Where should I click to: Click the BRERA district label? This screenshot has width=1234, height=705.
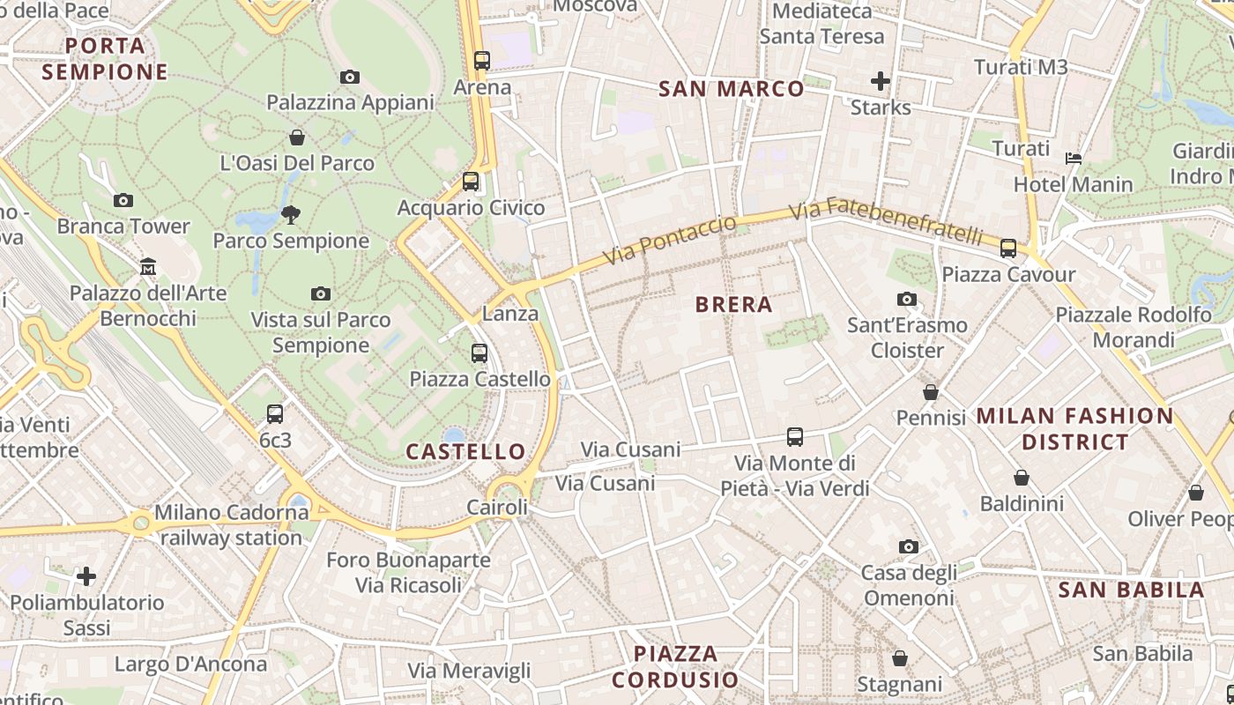[x=733, y=305]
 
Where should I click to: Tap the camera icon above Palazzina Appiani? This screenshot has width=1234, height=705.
[x=350, y=78]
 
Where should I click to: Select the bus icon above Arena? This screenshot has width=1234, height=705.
[x=481, y=61]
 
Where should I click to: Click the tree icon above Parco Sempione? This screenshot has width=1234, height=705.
[x=290, y=214]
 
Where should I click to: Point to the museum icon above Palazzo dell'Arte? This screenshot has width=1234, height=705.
[x=148, y=266]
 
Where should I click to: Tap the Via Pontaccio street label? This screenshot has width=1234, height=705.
[x=670, y=240]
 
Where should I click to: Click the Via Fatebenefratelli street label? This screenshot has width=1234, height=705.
[x=885, y=223]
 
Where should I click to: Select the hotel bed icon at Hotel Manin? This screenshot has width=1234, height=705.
[x=1074, y=159]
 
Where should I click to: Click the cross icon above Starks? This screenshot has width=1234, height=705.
[x=880, y=82]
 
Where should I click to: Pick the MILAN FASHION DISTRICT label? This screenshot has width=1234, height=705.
[x=1074, y=428]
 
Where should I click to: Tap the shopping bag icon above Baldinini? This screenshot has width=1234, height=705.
[x=1022, y=478]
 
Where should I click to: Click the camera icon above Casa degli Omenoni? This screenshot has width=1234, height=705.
[x=909, y=547]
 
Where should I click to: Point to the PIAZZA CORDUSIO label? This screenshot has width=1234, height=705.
[x=675, y=666]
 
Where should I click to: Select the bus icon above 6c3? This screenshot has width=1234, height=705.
[x=275, y=413]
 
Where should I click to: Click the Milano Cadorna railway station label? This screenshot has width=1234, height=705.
[x=231, y=524]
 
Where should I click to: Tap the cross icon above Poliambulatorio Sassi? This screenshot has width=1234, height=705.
[x=86, y=577]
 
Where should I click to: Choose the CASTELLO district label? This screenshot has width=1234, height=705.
[x=465, y=452]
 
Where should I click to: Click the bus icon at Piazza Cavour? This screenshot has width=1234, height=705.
[x=1008, y=249]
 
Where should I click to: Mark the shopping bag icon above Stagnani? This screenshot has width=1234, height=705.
[x=900, y=658]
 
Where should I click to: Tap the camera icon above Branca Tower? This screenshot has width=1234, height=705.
[x=123, y=201]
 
